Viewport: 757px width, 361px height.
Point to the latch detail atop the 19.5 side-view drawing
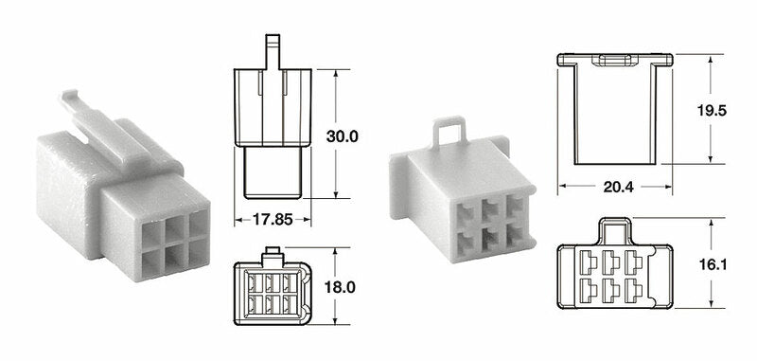pyautogui.click(x=613, y=61)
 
